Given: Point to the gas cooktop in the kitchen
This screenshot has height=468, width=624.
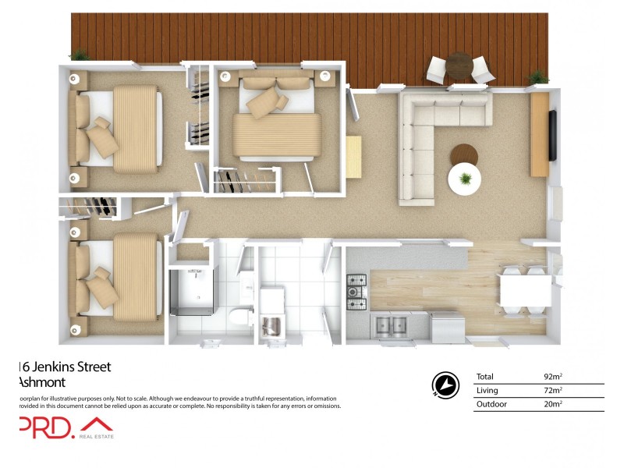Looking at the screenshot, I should (357, 287).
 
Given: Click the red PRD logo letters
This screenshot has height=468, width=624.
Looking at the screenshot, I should (47, 427).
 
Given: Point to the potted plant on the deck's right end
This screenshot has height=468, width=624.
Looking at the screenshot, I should (537, 76).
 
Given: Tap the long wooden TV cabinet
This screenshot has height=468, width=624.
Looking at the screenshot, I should (539, 135).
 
